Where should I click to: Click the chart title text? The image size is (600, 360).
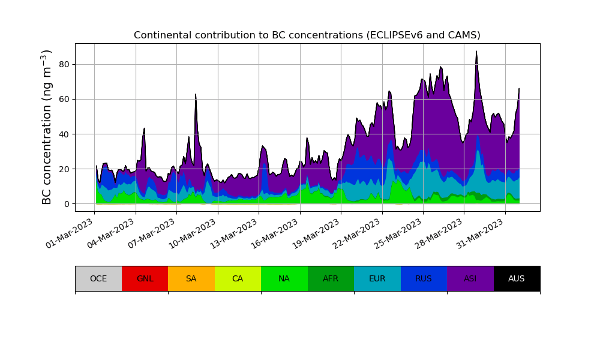(x=307, y=35)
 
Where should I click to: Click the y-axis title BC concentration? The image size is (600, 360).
(x=47, y=127)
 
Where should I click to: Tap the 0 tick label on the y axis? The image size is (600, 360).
(x=66, y=204)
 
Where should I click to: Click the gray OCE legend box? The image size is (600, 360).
(x=98, y=278)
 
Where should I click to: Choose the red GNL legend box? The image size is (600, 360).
(x=145, y=278)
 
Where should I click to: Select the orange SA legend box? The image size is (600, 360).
(x=191, y=278)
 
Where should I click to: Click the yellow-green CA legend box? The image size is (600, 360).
(x=238, y=278)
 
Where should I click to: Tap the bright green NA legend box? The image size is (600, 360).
(x=284, y=278)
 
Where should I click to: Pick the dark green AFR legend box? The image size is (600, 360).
(x=331, y=278)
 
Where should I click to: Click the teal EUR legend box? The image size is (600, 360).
(x=377, y=278)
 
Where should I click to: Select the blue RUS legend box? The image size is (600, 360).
(x=424, y=278)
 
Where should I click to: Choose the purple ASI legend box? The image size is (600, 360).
(x=470, y=278)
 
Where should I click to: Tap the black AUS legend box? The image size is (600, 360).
(x=517, y=278)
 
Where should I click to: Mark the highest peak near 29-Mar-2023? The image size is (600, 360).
(x=476, y=52)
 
